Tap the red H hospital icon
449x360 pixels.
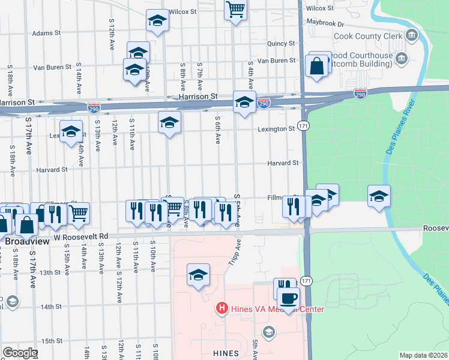tap(221, 309)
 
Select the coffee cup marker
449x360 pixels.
tap(288, 298)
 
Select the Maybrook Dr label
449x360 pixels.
tap(324, 25)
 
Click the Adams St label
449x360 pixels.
tap(47, 34)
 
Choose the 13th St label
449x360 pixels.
tap(51, 272)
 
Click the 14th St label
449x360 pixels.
tap(51, 307)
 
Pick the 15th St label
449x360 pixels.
tap(52, 341)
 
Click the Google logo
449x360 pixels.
tap(20, 353)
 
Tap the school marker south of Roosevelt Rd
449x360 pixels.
tap(198, 275)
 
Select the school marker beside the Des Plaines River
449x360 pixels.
tap(379, 196)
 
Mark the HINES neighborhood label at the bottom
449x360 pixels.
tap(226, 353)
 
